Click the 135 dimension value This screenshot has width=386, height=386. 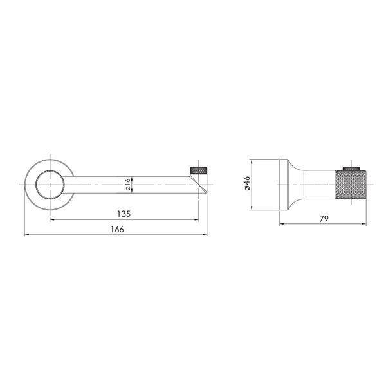point(124,214)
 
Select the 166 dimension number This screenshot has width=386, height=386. point(117,229)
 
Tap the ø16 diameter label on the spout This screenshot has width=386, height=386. point(127,185)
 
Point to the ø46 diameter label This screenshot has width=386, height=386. point(247,183)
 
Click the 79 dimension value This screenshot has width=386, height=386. point(324,218)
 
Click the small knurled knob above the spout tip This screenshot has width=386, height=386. point(199,170)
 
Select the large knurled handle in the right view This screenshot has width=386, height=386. point(351,185)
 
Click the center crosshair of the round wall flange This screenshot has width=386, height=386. point(50,185)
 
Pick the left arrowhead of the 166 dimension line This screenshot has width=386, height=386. point(27,235)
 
